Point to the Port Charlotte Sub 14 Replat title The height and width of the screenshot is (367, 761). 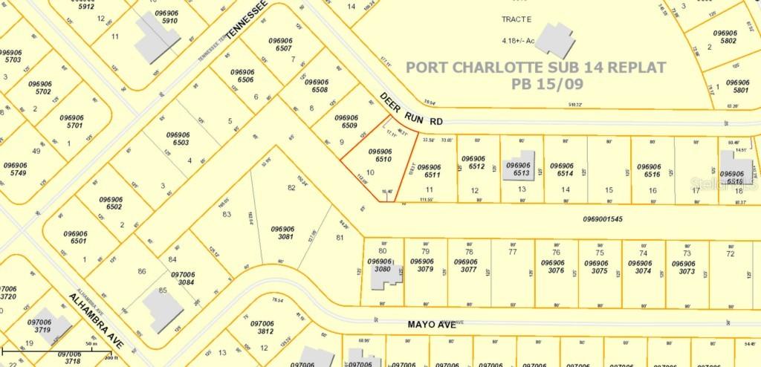click(535, 67)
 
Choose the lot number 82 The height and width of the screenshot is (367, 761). click(291, 187)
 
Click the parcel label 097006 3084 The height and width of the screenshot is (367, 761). click(182, 278)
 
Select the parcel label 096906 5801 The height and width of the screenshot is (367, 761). click(736, 86)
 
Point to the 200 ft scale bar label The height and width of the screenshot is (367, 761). click(111, 357)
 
